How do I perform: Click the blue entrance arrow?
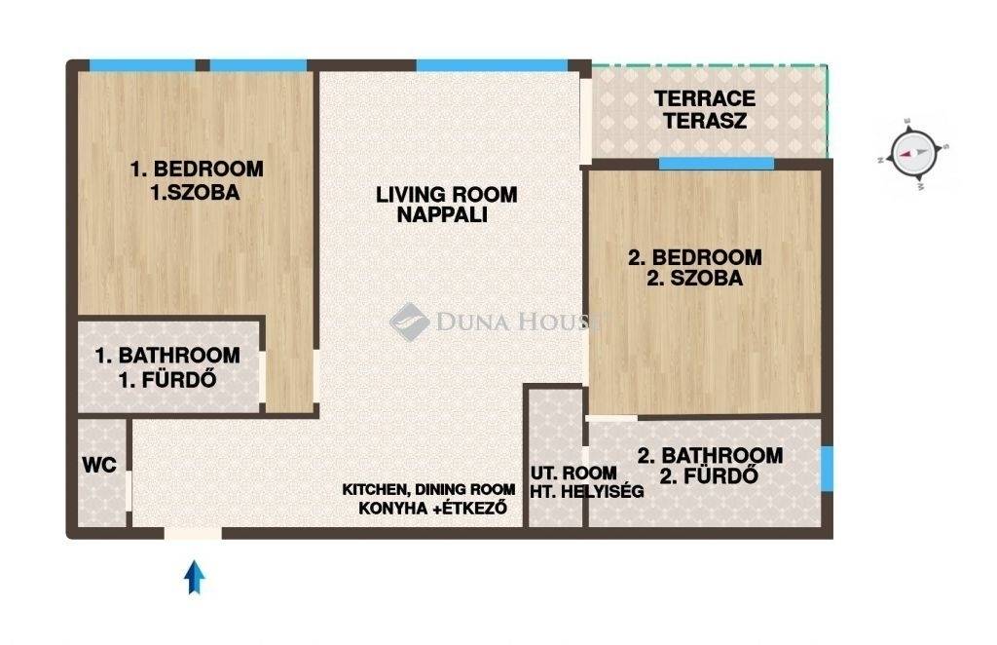click(195, 577)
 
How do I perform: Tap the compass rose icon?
click(913, 154)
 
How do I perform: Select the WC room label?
click(99, 465)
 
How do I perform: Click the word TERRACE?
click(705, 98)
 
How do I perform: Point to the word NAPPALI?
click(442, 215)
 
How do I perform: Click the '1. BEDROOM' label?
click(197, 169)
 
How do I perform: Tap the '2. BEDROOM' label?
click(694, 257)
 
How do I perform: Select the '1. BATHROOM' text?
click(167, 355)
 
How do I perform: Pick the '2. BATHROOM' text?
click(710, 455)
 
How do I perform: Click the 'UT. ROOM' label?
click(573, 473)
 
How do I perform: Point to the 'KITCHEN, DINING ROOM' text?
click(428, 489)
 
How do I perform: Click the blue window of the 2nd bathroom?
click(826, 469)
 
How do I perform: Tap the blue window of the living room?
click(492, 65)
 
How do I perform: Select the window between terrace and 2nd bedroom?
click(717, 164)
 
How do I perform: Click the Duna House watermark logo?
click(409, 322)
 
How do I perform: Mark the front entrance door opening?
click(194, 533)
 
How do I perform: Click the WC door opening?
click(129, 490)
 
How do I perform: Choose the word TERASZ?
click(705, 121)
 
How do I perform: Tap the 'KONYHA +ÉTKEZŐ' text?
click(432, 509)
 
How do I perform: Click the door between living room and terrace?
click(585, 122)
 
